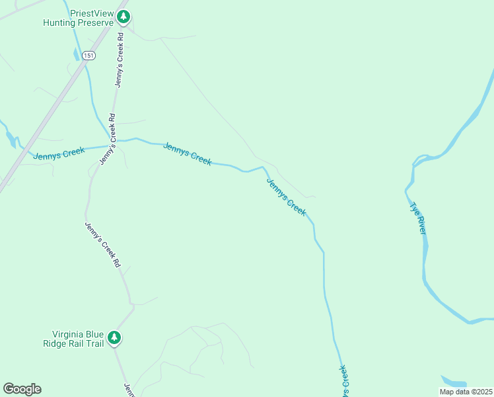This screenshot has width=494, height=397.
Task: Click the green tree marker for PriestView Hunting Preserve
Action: pos(123,17)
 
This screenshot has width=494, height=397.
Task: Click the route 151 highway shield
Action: pos(89,56)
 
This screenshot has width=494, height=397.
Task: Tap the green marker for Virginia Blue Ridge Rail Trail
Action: pos(114,338)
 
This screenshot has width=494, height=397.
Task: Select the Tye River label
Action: pos(419,218)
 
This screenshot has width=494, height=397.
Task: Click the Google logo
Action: pos(22,389)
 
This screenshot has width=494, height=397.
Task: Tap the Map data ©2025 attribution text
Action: pos(466,392)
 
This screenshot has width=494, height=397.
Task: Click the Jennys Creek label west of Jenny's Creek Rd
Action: pos(59,154)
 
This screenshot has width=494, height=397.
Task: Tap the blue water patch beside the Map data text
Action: pos(454,382)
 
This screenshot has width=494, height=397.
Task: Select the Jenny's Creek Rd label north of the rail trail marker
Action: pos(103,244)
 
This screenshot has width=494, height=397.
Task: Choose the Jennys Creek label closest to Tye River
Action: pos(287,197)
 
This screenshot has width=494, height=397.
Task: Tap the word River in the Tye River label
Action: pos(422,224)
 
